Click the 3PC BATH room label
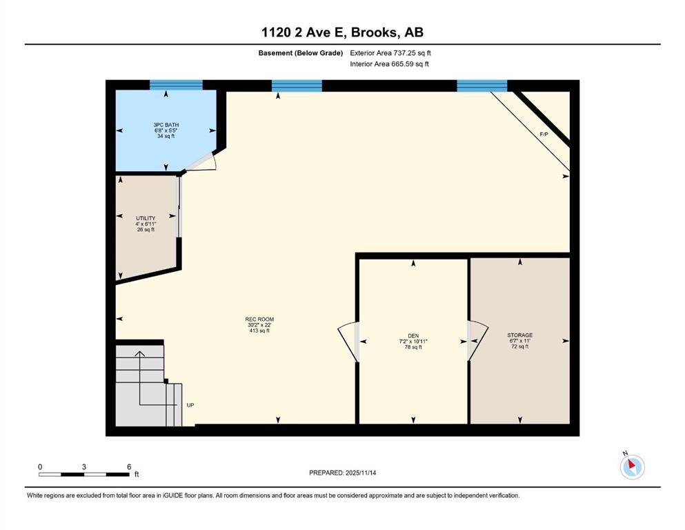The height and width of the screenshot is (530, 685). pos(166,125)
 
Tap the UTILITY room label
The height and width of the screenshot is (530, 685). pos(146,218)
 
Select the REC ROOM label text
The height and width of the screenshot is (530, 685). pos(259,320)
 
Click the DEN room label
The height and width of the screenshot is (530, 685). pos(413,335)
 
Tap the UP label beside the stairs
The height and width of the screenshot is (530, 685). pos(190,405)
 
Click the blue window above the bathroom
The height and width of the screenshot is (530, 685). pos(176,86)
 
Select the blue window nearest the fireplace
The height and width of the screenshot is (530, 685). pos(482,86)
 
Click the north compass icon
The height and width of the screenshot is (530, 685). pos(632,467)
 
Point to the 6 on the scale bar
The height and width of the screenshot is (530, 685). pos(128,467)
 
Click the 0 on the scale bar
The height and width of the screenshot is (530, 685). pos(40,467)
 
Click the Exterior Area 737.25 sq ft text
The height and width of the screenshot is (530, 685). pos(390,52)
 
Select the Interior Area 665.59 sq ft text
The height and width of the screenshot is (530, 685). pos(390,64)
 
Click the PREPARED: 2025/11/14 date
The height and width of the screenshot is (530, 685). pos(342,472)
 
